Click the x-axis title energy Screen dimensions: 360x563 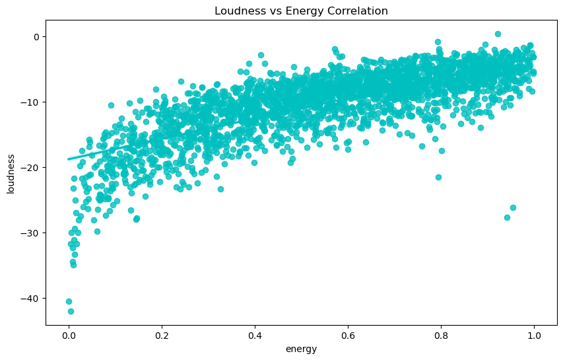tap(301, 349)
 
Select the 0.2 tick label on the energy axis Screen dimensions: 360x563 tap(162, 336)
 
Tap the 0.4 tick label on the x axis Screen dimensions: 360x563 tap(255, 336)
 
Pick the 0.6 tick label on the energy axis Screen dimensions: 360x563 tap(348, 336)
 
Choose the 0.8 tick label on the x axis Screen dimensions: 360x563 tap(441, 336)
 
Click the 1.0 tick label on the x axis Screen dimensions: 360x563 tap(534, 336)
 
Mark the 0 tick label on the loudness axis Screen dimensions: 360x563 tap(37, 36)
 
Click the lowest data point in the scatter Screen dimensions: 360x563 tap(71, 311)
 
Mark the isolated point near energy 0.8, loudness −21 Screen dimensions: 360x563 tap(438, 177)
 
